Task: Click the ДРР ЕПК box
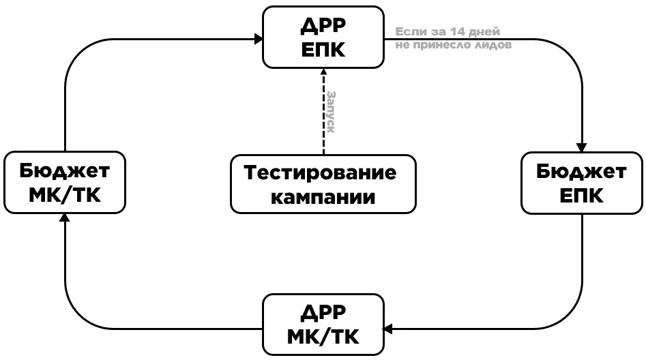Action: (323, 37)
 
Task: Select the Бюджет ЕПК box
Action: (581, 183)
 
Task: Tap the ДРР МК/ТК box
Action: (323, 325)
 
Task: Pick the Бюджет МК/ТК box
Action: (65, 183)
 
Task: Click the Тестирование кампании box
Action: (323, 184)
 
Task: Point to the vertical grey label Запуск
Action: (331, 112)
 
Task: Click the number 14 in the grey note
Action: (448, 32)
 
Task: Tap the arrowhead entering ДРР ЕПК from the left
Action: (259, 40)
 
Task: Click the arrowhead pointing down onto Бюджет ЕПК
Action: (581, 147)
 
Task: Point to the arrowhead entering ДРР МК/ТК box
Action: (388, 329)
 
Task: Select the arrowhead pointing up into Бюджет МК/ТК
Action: (65, 217)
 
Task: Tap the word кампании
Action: (323, 197)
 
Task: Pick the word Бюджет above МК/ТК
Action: (65, 170)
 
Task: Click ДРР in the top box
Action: (323, 25)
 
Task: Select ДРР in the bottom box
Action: (323, 312)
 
